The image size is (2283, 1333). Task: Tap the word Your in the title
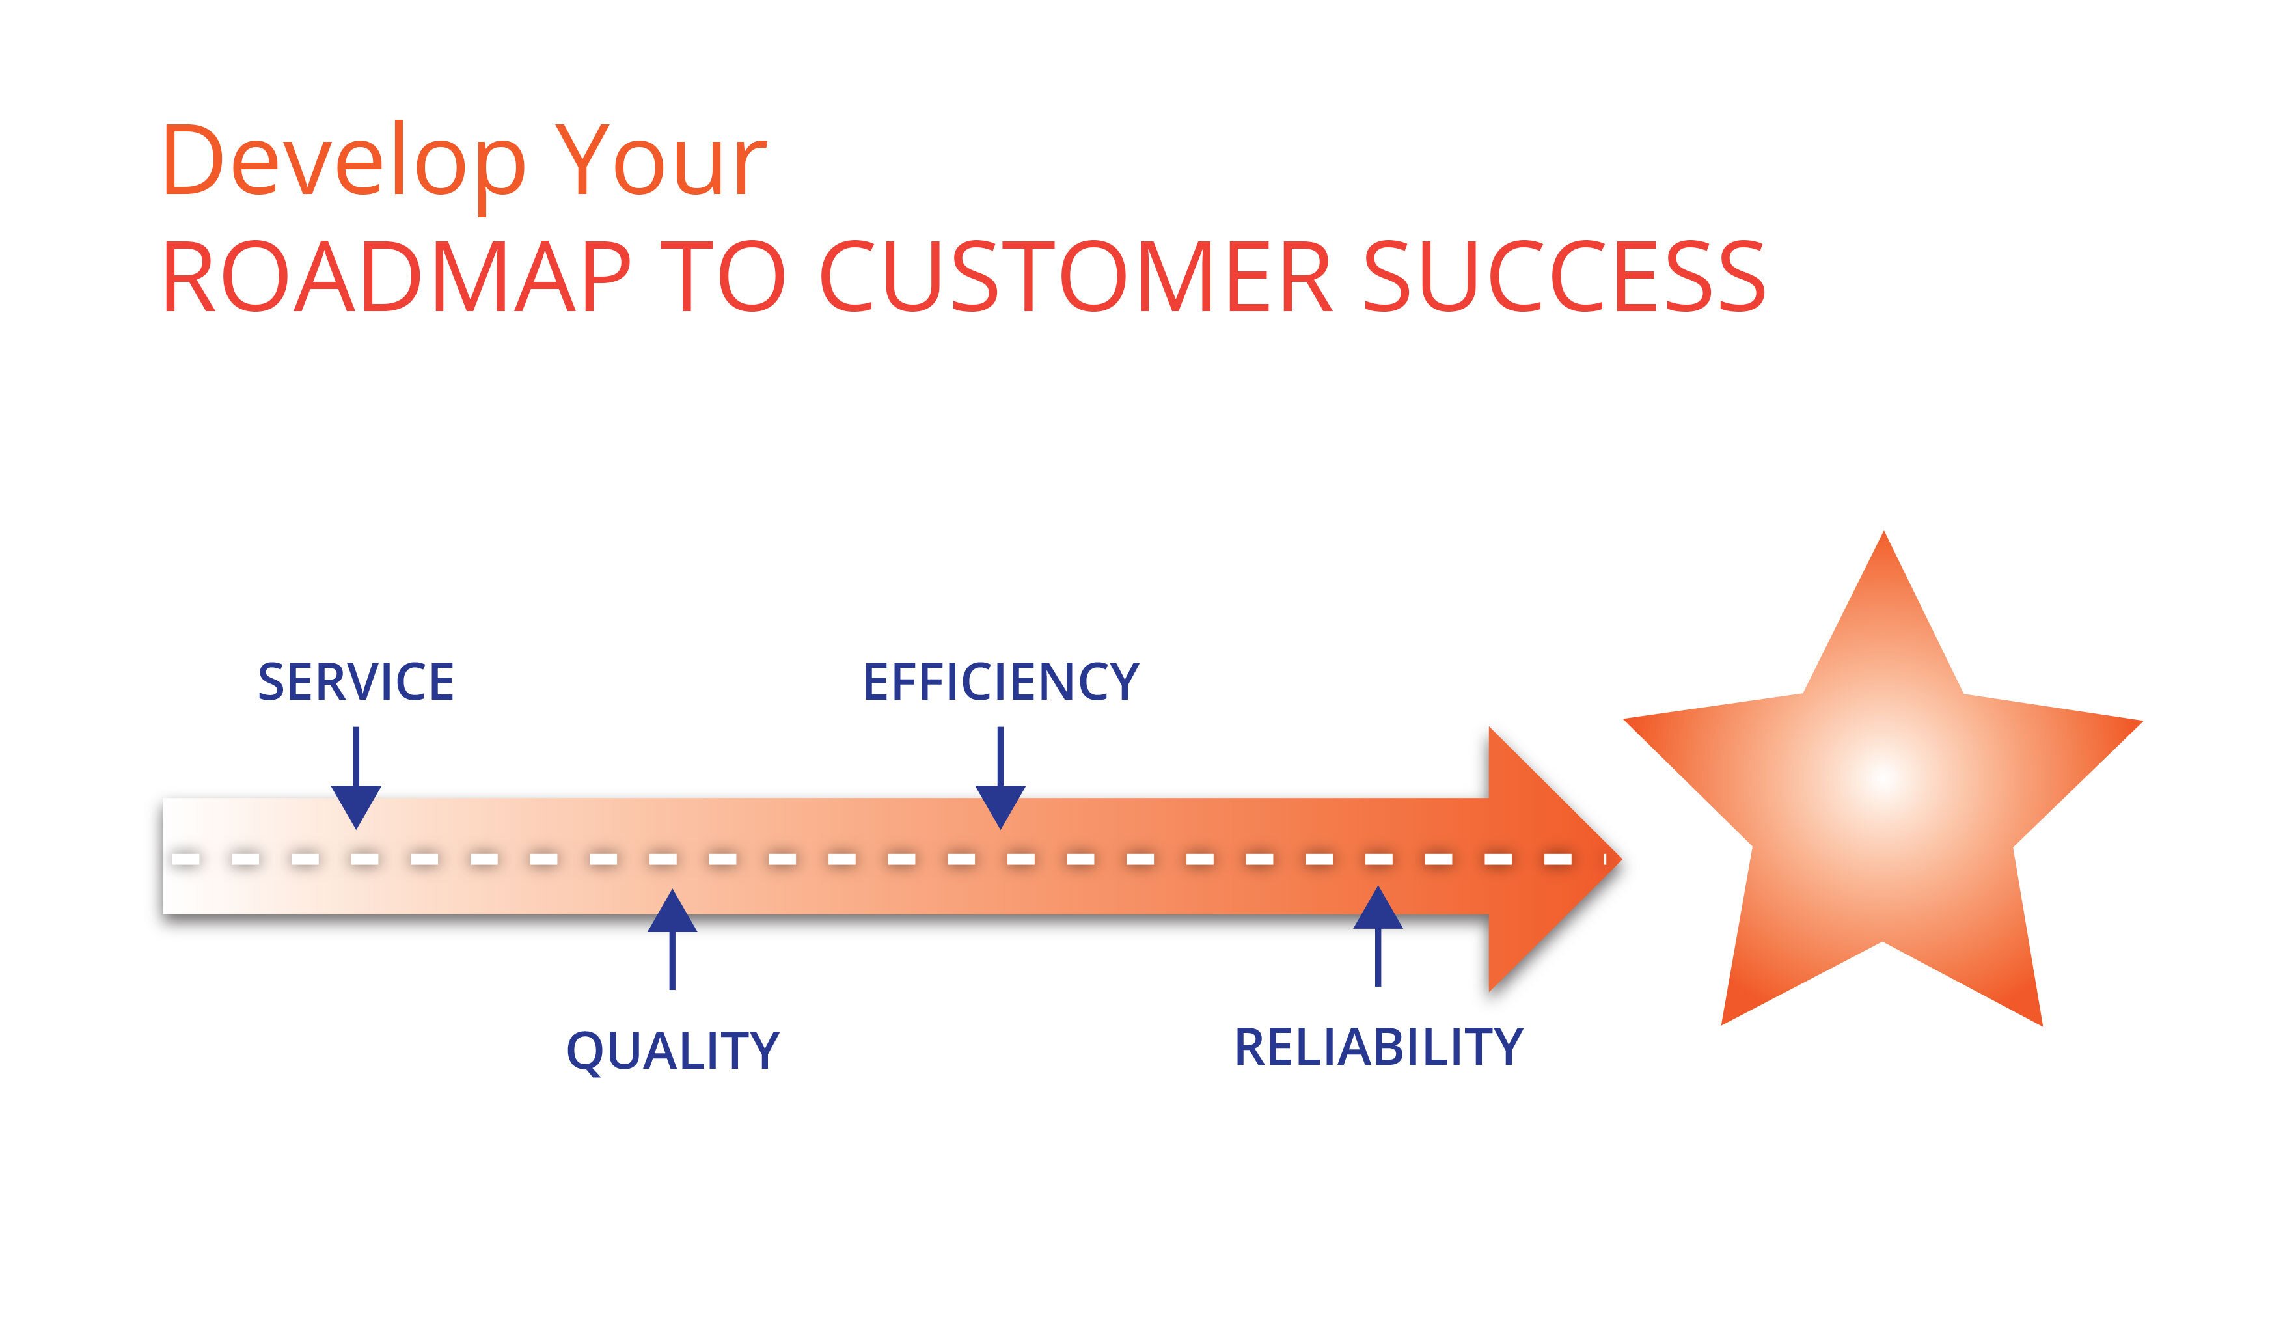tap(661, 161)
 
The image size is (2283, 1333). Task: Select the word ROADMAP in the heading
tap(396, 277)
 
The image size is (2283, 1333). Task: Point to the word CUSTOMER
tap(1075, 277)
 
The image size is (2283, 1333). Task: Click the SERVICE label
tap(355, 682)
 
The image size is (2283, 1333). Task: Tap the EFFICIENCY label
tap(1000, 682)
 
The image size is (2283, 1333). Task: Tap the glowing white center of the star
tap(1883, 778)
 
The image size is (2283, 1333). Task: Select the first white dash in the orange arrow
tap(185, 858)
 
